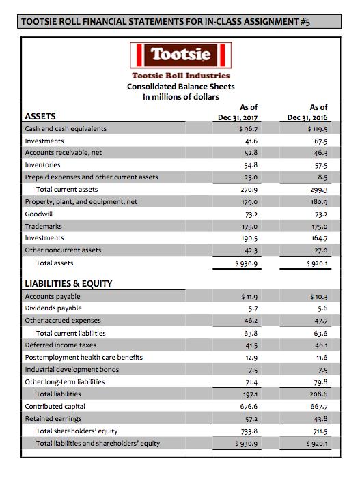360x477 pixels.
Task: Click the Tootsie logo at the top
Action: coord(181,53)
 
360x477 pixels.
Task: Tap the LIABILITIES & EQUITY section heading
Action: coord(68,283)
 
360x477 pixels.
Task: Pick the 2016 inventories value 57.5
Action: coord(319,165)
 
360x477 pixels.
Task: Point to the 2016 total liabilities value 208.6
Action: coord(318,394)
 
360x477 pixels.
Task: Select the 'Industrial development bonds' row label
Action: coord(71,369)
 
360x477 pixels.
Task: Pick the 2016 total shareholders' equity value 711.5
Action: coord(318,431)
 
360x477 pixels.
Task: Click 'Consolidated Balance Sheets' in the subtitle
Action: coord(181,87)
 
